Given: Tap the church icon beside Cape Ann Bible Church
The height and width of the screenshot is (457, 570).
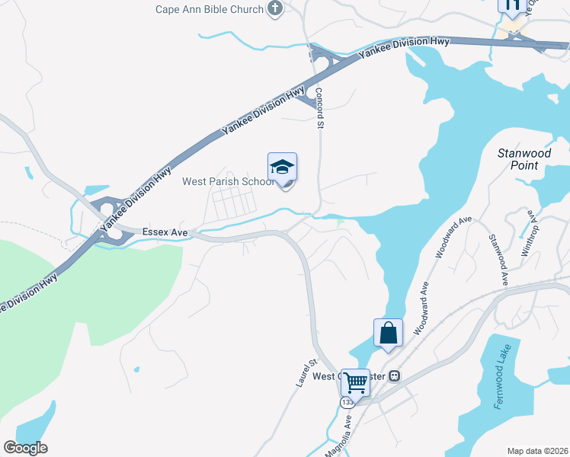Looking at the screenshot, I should tap(275, 9).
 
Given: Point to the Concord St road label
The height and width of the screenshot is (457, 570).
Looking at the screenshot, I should tap(320, 107).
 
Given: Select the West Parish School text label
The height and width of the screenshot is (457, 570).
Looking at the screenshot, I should tap(228, 181).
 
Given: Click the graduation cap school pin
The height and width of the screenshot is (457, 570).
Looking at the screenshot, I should tap(282, 168).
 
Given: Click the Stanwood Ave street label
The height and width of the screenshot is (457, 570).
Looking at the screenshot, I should tap(498, 260).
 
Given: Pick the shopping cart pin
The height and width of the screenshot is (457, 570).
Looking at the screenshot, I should tap(355, 382).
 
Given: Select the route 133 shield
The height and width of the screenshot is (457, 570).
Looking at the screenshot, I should tap(347, 401).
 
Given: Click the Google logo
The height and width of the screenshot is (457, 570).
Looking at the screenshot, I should tap(25, 447).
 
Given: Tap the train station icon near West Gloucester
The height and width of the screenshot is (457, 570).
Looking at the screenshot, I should tap(395, 376).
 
